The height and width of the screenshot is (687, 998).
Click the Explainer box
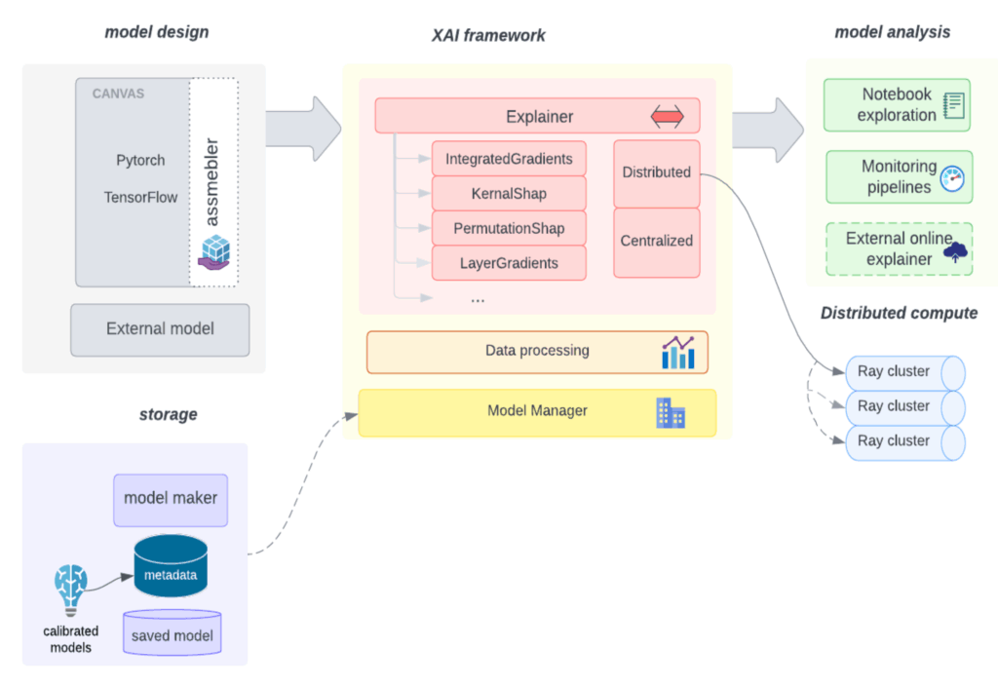537,116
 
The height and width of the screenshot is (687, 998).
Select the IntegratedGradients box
509,158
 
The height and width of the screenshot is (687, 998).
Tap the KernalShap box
509,194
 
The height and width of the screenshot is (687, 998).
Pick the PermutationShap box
509,229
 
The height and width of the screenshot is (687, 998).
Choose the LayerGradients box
509,263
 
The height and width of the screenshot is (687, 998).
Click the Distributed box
656,172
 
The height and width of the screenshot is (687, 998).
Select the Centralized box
656,241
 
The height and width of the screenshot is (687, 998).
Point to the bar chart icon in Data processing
677,353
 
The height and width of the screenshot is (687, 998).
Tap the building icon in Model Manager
671,412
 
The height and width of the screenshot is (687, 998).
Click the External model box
160,329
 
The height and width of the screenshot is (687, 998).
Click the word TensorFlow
141,197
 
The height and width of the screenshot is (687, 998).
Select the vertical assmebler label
212,182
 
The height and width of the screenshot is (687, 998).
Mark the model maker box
171,498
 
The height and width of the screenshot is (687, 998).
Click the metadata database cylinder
171,567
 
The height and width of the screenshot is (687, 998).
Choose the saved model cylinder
172,633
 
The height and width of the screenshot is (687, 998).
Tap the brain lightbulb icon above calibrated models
70,590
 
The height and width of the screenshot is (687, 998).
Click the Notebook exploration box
898,105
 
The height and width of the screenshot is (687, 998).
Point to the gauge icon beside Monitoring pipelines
952,178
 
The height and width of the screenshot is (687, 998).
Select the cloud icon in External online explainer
956,253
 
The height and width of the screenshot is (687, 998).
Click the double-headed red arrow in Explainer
668,117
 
